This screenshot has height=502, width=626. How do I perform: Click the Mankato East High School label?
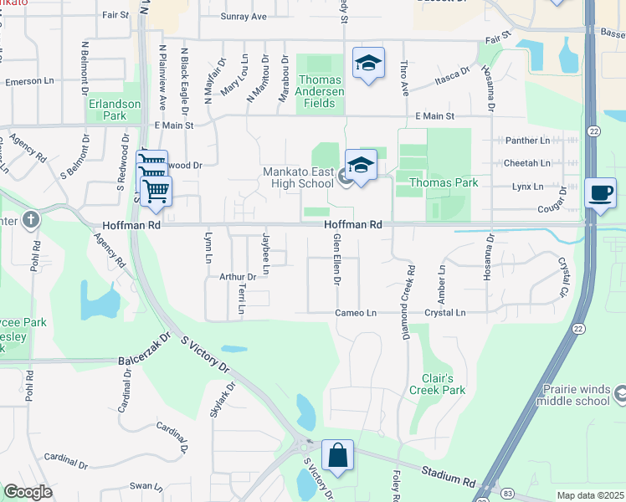click(299, 178)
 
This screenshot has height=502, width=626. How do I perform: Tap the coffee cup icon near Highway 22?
click(600, 192)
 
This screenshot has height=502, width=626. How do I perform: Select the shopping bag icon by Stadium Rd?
click(337, 456)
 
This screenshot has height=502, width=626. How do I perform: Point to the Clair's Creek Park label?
click(437, 384)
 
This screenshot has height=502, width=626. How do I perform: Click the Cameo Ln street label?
click(357, 312)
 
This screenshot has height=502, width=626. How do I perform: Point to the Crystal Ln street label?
click(444, 312)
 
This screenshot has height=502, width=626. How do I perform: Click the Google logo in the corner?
click(28, 492)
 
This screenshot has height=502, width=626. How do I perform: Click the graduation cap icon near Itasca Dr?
click(367, 64)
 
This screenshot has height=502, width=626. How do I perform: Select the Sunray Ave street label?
click(243, 16)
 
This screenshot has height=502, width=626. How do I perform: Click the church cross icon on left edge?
click(31, 221)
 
